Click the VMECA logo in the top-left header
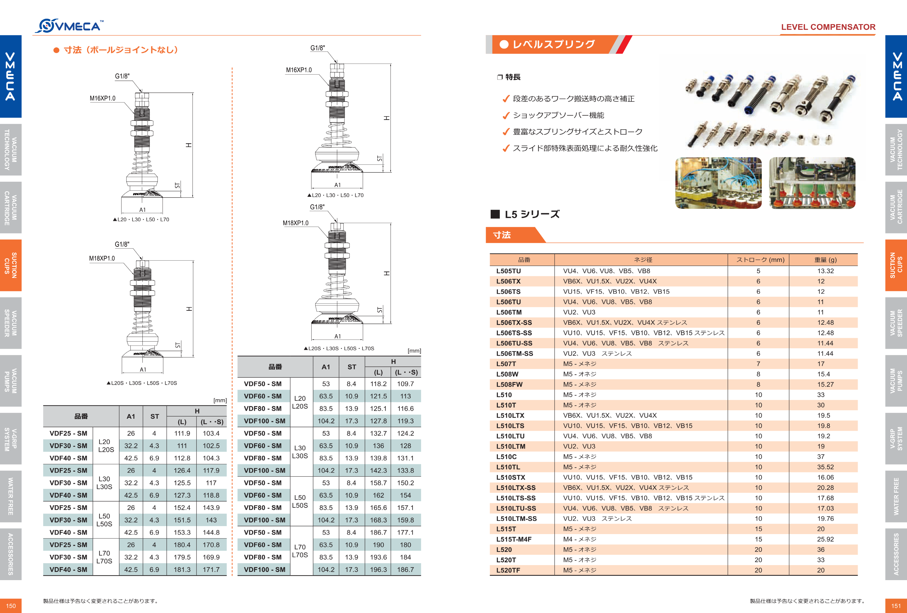click(69, 26)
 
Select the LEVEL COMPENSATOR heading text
click(828, 27)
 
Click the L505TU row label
click(508, 271)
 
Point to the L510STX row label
click(510, 477)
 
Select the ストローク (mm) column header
click(760, 260)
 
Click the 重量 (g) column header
click(825, 260)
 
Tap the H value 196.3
click(378, 570)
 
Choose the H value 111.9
click(182, 433)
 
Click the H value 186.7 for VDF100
click(405, 570)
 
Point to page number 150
click(10, 606)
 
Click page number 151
click(896, 606)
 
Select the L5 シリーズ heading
click(532, 214)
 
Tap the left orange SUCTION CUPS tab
click(10, 265)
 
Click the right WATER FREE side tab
click(896, 497)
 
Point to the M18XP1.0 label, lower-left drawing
click(102, 258)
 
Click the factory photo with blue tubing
click(718, 183)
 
